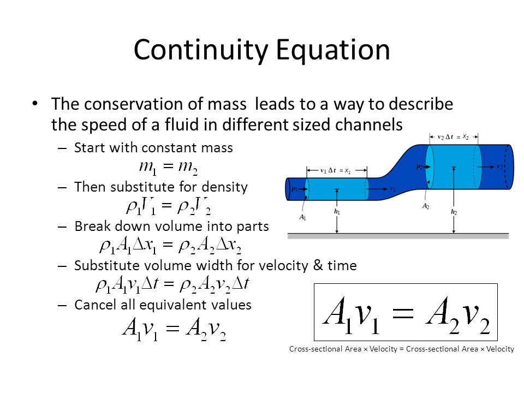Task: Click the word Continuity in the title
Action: pyautogui.click(x=201, y=50)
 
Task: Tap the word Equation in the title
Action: pyautogui.click(x=333, y=50)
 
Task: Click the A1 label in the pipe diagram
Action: pyautogui.click(x=302, y=218)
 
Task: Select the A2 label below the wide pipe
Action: pyautogui.click(x=425, y=206)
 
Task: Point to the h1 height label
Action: pyautogui.click(x=337, y=212)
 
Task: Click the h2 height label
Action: pyautogui.click(x=454, y=212)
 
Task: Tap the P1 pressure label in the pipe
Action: pyautogui.click(x=294, y=189)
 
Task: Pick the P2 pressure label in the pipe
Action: pyautogui.click(x=419, y=167)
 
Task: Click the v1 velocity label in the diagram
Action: pyautogui.click(x=392, y=189)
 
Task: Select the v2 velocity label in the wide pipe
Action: pyautogui.click(x=499, y=166)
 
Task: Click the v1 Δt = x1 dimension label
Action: pyautogui.click(x=336, y=170)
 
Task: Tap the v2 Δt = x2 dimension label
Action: pyautogui.click(x=453, y=136)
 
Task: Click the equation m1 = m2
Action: pyautogui.click(x=168, y=167)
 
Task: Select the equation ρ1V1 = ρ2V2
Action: pyautogui.click(x=169, y=207)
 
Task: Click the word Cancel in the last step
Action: pyautogui.click(x=93, y=305)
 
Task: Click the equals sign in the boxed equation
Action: pyautogui.click(x=402, y=314)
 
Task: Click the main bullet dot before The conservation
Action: pyautogui.click(x=35, y=103)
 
